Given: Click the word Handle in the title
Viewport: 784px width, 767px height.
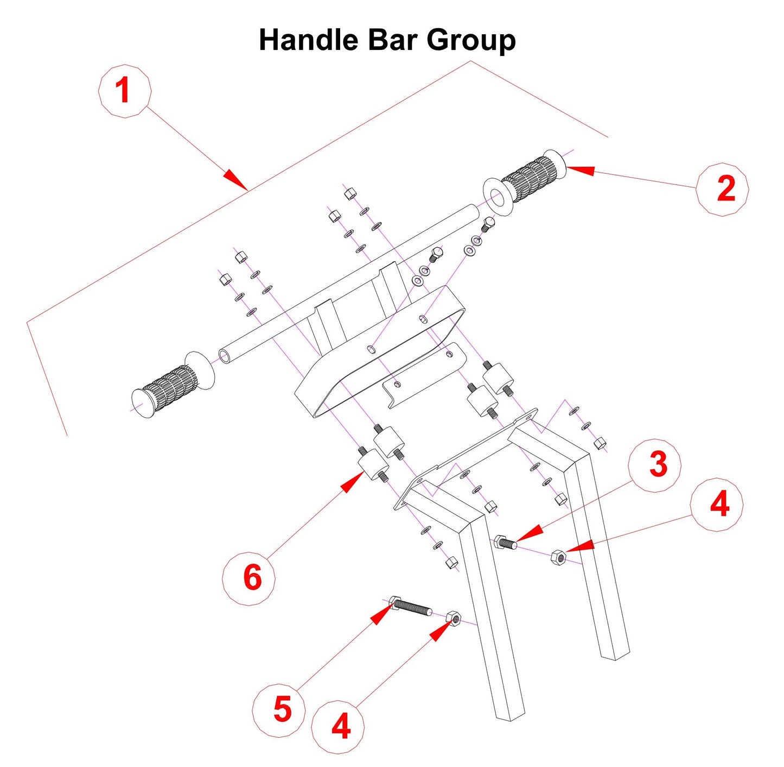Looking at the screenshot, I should click(308, 41).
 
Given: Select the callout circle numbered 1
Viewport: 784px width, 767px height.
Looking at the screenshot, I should click(124, 91).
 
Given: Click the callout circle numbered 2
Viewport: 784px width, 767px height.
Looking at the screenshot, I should click(723, 189).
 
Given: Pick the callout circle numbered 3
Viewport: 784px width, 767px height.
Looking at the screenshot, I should click(655, 466).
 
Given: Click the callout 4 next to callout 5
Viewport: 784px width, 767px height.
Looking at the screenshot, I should click(339, 726).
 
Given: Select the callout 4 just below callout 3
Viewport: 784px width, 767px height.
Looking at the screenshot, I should click(717, 505).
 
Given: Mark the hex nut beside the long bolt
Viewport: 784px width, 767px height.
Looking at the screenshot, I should click(454, 618).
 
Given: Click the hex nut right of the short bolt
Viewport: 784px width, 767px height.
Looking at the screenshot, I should click(558, 557).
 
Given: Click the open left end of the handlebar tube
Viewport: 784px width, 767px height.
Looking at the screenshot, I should click(225, 356).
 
